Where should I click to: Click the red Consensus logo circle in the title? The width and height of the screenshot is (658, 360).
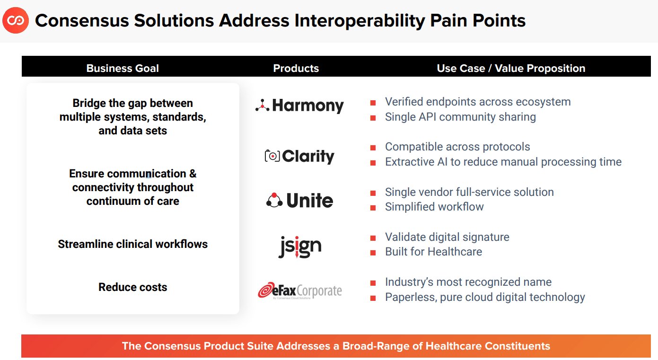tap(16, 20)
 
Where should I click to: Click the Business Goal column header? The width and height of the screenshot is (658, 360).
tap(123, 68)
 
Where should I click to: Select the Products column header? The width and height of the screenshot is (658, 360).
tap(296, 68)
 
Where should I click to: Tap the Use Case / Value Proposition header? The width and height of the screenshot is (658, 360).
tap(511, 68)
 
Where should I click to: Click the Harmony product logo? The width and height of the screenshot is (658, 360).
tap(299, 105)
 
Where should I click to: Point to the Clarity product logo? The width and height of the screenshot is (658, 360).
tap(299, 156)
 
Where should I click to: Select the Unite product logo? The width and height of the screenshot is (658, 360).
tap(299, 201)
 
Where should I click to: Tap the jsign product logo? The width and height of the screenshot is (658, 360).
tap(300, 247)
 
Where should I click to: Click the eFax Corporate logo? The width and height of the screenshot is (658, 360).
tap(300, 291)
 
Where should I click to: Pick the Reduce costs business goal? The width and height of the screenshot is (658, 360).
tap(133, 287)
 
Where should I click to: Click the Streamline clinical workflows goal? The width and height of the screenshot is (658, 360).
tap(133, 244)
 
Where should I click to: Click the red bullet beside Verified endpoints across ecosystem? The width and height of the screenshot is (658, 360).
tap(373, 103)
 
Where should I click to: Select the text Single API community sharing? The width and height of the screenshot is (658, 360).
tap(460, 117)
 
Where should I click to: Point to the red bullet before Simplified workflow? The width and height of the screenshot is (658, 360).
tap(373, 208)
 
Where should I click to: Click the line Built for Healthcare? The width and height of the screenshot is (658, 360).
tap(434, 252)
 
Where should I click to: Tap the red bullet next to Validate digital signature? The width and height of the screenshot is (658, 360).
tap(373, 238)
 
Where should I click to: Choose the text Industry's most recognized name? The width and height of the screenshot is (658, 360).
tap(468, 282)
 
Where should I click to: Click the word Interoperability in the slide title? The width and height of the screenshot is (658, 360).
tap(360, 21)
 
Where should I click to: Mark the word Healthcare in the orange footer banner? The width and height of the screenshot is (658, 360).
tap(452, 346)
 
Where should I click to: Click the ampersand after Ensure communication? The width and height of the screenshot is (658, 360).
tap(193, 174)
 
